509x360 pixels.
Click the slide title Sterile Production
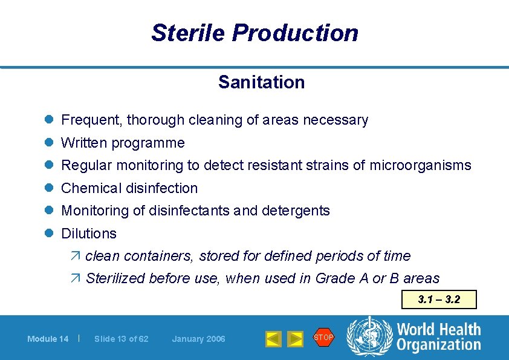[x=254, y=33]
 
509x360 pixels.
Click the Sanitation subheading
[x=261, y=82]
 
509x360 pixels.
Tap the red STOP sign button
[x=323, y=338]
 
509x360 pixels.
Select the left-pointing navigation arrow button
[x=274, y=339]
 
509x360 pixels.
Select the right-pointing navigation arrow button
[x=294, y=339]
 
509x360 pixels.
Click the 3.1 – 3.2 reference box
[x=439, y=299]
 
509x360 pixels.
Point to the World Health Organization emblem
[x=369, y=337]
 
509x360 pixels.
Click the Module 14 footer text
[x=48, y=339]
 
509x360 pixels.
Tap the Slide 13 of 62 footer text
[x=121, y=339]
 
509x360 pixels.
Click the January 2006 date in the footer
[x=198, y=339]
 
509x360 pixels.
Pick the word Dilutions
[x=89, y=234]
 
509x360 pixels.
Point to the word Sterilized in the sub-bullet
[x=115, y=278]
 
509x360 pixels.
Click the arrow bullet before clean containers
[x=76, y=256]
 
